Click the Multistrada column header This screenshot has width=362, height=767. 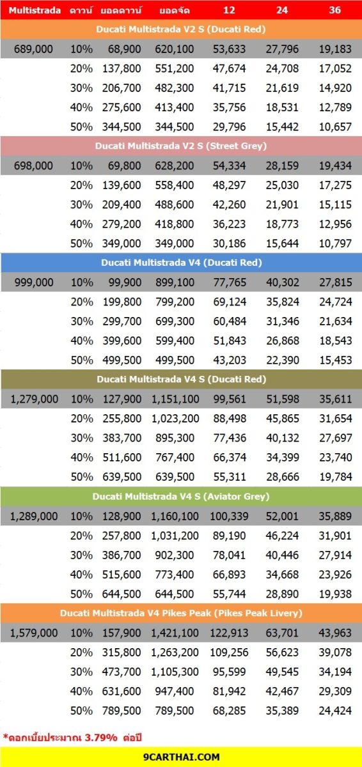35,10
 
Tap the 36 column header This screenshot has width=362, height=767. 334,10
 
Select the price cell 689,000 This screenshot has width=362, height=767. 33,49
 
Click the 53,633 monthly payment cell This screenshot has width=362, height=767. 229,49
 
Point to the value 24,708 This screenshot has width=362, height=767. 282,68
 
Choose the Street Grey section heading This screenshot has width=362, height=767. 181,146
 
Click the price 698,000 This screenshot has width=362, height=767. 33,166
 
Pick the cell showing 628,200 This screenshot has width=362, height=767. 175,166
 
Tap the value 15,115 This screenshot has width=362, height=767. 335,205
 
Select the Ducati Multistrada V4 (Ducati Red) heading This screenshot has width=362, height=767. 182,263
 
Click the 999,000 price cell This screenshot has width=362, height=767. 34,283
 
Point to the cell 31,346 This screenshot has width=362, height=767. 283,321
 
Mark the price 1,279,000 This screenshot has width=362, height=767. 35,399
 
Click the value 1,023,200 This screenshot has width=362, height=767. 175,419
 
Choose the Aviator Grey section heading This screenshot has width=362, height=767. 181,497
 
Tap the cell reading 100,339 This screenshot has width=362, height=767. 229,516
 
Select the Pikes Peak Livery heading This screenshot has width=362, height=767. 181,613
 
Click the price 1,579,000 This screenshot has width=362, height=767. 33,633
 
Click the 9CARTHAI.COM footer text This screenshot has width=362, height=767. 182,757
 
